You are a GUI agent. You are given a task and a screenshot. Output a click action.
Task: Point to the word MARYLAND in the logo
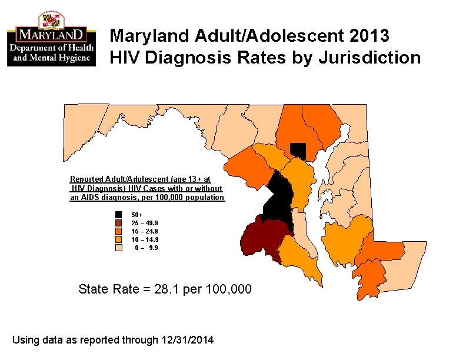(52, 34)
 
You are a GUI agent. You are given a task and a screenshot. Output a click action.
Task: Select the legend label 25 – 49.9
(144, 224)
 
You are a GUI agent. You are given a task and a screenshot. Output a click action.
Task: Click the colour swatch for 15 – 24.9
(119, 231)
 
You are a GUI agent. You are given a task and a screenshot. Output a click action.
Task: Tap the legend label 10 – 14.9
(144, 239)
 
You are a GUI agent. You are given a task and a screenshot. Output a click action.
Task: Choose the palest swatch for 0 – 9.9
(119, 248)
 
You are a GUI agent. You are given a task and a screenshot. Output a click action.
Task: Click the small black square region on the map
(299, 151)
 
